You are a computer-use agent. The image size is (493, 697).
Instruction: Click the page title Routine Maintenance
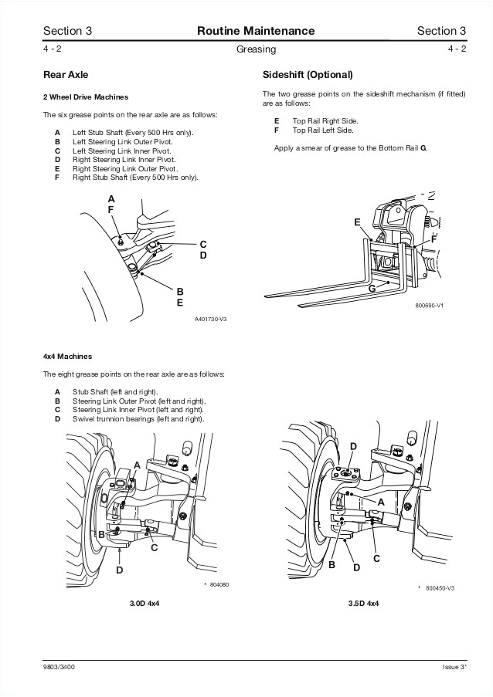[255, 31]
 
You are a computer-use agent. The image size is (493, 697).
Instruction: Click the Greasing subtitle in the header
[255, 49]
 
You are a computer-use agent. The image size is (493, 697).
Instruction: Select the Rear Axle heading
[66, 75]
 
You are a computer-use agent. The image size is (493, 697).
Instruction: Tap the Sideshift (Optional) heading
[308, 75]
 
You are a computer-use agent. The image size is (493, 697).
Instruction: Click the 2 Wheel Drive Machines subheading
[85, 97]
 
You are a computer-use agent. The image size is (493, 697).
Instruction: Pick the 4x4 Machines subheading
[67, 357]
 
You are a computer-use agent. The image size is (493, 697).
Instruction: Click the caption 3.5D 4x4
[363, 602]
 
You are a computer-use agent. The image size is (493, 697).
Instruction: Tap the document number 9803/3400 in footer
[59, 666]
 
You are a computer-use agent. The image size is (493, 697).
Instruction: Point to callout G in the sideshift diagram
[372, 288]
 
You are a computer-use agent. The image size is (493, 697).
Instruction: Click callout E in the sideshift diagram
[357, 222]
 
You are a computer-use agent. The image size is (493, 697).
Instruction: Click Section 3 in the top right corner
[441, 31]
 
